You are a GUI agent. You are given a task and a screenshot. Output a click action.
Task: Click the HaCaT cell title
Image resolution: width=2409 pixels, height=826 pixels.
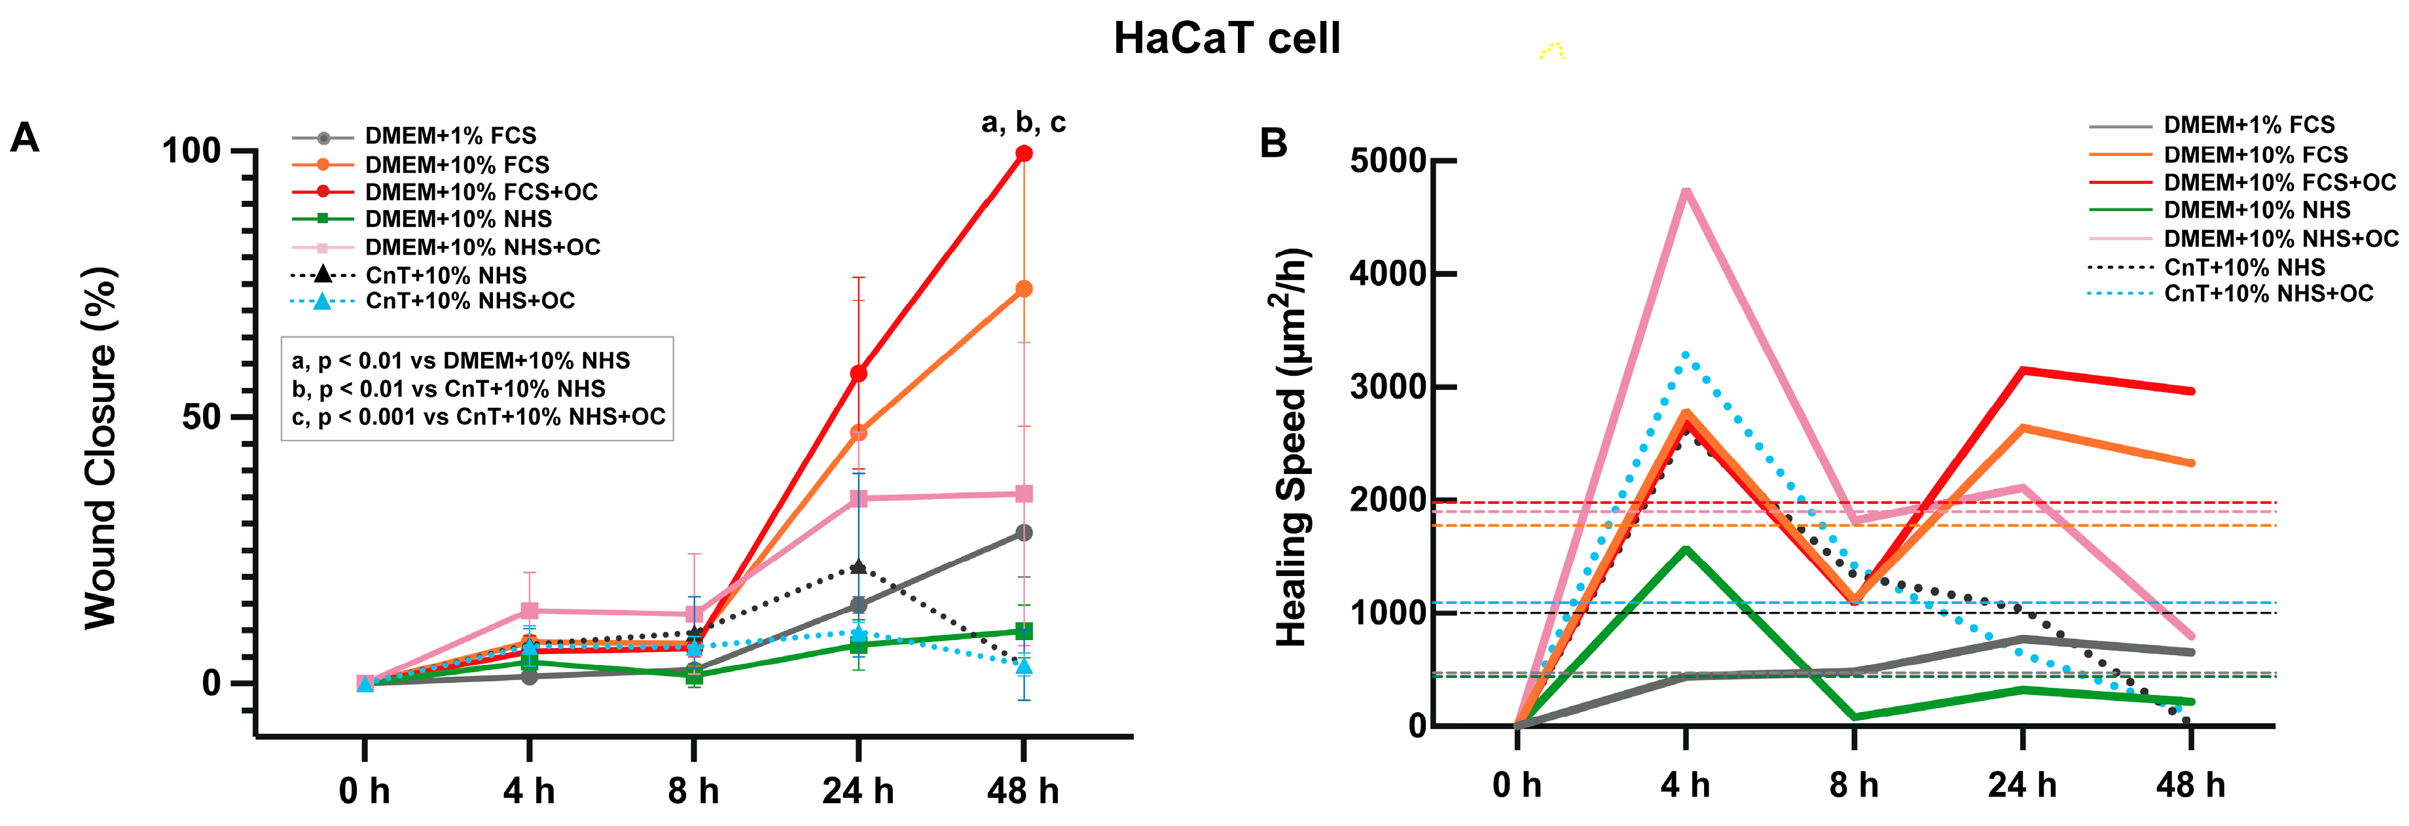(1226, 39)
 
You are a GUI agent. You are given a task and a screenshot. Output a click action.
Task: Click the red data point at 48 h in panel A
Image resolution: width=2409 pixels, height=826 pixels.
(1024, 153)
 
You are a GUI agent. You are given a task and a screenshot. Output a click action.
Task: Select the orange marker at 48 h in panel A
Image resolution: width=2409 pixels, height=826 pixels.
(1024, 289)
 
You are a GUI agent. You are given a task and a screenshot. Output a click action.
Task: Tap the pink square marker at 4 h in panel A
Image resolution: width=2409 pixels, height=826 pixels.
(530, 611)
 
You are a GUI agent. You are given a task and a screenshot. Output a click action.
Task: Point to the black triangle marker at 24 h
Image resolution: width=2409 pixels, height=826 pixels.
(858, 567)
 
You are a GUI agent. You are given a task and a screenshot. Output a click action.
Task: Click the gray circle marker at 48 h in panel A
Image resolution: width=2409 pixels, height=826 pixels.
(1024, 532)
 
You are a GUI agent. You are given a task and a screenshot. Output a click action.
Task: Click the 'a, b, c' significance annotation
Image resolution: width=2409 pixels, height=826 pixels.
(1023, 122)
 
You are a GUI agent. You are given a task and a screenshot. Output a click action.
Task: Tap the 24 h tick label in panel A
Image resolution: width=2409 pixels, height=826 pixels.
(858, 791)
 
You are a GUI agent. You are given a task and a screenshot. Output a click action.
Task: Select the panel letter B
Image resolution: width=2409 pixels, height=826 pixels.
(1274, 143)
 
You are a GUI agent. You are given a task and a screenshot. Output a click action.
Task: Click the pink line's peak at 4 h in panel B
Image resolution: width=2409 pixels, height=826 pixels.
(1685, 191)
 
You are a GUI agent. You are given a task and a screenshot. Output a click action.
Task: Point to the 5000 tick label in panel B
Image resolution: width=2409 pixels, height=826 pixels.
(1387, 161)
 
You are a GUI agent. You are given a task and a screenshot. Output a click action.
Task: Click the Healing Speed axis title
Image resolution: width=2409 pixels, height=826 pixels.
(1292, 447)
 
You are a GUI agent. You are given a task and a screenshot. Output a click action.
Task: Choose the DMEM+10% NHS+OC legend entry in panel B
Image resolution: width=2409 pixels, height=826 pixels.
(2280, 238)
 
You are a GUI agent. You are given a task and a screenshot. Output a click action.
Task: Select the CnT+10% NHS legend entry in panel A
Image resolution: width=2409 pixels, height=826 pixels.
(445, 275)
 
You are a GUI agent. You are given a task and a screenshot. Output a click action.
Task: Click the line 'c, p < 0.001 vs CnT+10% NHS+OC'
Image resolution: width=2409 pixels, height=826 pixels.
(478, 417)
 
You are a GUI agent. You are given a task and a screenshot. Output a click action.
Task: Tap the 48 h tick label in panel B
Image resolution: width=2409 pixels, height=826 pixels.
(2190, 785)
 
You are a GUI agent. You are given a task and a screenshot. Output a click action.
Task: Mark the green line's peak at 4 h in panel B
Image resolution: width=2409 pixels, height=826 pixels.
(1685, 549)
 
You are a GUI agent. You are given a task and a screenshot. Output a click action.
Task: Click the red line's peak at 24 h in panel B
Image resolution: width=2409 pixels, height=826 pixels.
(2022, 370)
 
